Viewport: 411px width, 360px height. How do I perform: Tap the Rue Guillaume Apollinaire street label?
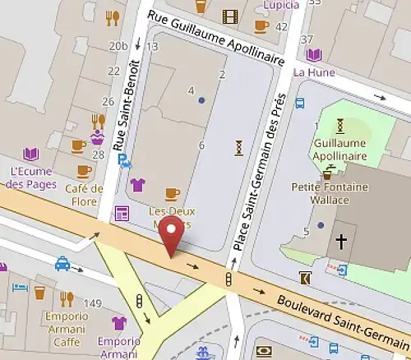coord(215,37)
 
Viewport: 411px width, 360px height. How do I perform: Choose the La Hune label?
coord(313,72)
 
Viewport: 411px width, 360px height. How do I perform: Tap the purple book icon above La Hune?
coord(313,55)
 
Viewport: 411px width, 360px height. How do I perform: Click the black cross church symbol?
coord(339,242)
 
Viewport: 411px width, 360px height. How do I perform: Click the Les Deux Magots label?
coord(171,215)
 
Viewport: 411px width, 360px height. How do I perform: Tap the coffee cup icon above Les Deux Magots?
coord(171,194)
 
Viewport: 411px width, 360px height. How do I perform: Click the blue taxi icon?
coord(62,264)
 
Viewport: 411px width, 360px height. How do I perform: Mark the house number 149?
coord(93,304)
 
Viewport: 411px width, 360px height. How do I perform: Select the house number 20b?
coord(118,46)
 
